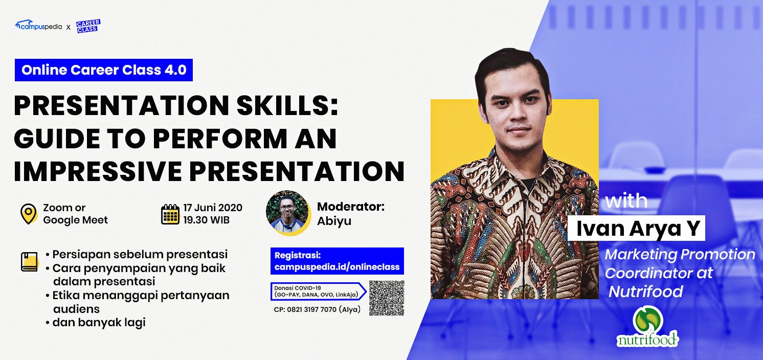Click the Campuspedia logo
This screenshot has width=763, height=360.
click(38, 26)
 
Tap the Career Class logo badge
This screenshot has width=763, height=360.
click(88, 26)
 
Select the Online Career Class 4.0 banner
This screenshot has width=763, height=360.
click(103, 70)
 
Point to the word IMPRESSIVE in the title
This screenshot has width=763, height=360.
click(98, 171)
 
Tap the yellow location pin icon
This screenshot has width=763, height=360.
click(29, 214)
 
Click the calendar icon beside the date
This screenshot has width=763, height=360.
click(170, 214)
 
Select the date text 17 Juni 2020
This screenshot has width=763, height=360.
click(213, 208)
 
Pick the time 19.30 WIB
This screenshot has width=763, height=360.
click(207, 220)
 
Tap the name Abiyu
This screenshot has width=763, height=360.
click(334, 221)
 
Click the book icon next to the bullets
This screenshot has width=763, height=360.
click(30, 262)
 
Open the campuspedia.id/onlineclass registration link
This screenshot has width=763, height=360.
click(337, 267)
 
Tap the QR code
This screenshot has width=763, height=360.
click(387, 298)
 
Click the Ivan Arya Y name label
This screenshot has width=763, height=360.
click(636, 228)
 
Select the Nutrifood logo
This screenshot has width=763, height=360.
click(647, 327)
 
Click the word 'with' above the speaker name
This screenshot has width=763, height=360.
click(626, 200)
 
